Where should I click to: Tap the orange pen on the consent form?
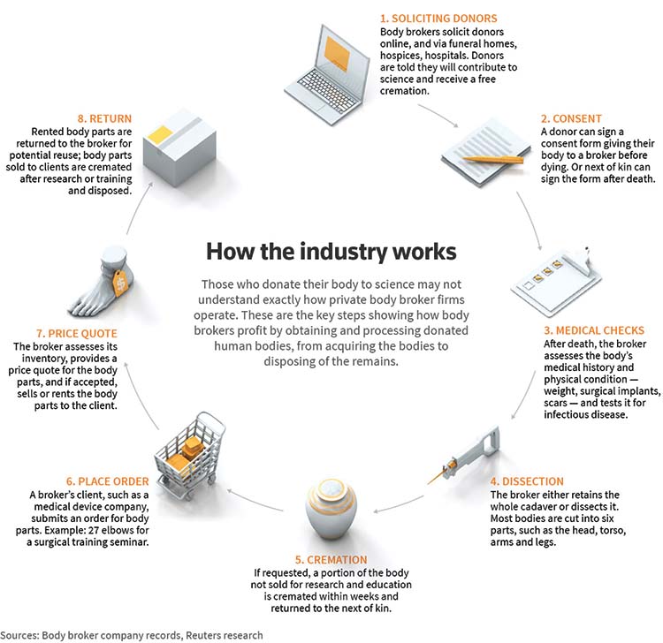click(x=493, y=159)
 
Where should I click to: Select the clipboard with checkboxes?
click(x=556, y=281)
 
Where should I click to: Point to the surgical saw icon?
click(x=465, y=456)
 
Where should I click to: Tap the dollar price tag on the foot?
click(x=120, y=283)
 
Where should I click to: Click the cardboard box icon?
click(x=179, y=147)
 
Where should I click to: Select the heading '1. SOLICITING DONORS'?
click(x=438, y=19)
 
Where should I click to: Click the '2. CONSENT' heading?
click(x=571, y=118)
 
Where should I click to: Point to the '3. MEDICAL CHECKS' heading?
click(x=594, y=330)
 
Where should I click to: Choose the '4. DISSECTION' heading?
click(x=527, y=481)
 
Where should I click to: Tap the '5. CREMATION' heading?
click(x=331, y=560)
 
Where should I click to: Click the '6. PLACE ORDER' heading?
click(x=107, y=481)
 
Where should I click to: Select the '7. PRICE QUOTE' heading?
click(x=77, y=333)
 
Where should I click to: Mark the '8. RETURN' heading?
click(x=104, y=118)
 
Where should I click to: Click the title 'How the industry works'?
click(x=331, y=252)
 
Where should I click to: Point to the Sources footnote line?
click(x=132, y=635)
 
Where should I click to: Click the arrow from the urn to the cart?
click(x=255, y=500)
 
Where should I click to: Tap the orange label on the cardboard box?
click(x=160, y=134)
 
